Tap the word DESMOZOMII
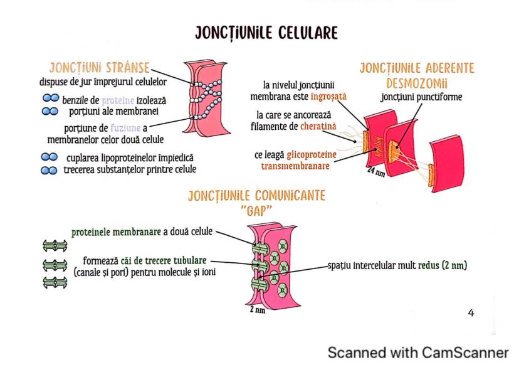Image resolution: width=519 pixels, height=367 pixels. (x=416, y=82)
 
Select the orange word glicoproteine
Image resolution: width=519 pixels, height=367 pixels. (x=312, y=155)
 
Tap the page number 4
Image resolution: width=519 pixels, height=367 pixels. (x=471, y=312)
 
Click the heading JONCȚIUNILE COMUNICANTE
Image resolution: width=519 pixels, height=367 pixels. (x=256, y=196)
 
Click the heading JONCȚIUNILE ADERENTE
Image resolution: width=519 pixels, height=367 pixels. (x=416, y=68)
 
